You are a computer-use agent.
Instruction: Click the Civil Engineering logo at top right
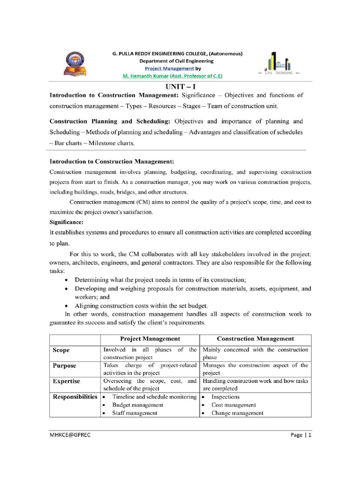tap(280, 64)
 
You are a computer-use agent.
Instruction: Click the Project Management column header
tap(150, 338)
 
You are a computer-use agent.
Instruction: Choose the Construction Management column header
tap(255, 338)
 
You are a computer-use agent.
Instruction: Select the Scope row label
tap(61, 350)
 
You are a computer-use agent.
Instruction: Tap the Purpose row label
tap(64, 366)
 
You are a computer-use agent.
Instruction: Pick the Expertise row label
tap(66, 382)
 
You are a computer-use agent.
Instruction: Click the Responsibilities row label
tap(75, 397)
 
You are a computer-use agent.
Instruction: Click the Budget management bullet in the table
tap(138, 405)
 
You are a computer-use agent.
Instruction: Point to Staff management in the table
tap(135, 413)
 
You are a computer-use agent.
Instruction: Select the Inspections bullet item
tap(225, 397)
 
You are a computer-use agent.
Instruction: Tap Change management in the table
tap(237, 413)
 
